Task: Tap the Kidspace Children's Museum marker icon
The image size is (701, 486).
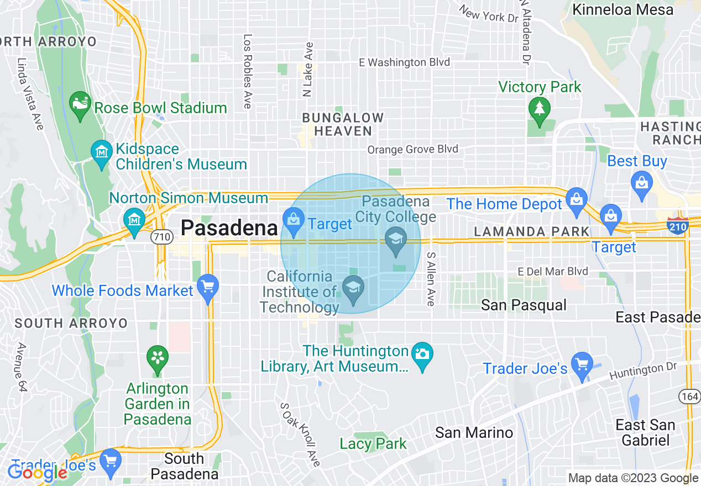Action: pyautogui.click(x=102, y=150)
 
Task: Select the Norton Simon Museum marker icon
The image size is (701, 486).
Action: pyautogui.click(x=134, y=219)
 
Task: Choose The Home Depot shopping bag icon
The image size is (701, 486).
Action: pyautogui.click(x=577, y=198)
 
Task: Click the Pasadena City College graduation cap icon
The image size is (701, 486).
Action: pyautogui.click(x=396, y=240)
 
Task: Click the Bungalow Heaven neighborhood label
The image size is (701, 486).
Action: pyautogui.click(x=342, y=124)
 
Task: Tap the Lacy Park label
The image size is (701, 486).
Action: pyautogui.click(x=373, y=443)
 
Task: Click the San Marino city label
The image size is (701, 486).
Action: pyautogui.click(x=474, y=432)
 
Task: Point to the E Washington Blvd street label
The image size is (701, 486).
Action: pyautogui.click(x=404, y=62)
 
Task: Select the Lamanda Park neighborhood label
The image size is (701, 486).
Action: pyautogui.click(x=531, y=231)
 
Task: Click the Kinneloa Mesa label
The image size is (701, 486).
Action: pyautogui.click(x=622, y=9)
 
